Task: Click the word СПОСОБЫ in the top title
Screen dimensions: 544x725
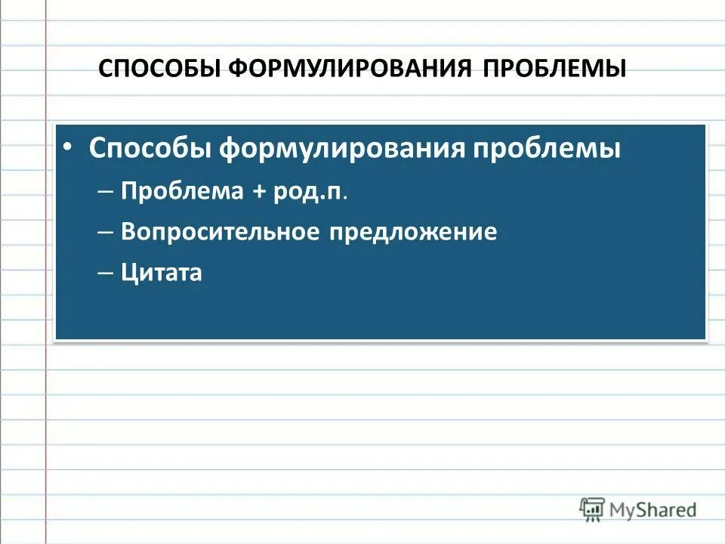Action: coord(161,68)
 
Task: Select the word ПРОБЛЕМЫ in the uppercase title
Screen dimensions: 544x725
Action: coord(555,68)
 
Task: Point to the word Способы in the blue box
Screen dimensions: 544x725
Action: coord(149,147)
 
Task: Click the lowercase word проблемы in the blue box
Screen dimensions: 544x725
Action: coord(547,147)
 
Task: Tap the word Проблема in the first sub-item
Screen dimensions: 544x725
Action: coord(182,191)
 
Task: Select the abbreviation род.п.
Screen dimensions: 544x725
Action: coord(312,191)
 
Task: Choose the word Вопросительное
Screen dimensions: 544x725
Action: coord(220,232)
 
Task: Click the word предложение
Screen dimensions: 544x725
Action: coord(412,232)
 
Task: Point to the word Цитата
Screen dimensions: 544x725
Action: coord(161,272)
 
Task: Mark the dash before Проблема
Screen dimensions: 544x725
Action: coord(105,192)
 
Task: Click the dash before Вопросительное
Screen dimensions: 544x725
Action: coord(105,233)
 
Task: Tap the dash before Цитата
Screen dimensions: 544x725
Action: coord(105,273)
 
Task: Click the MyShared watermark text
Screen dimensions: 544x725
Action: coord(653,510)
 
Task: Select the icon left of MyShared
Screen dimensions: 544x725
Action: coord(592,508)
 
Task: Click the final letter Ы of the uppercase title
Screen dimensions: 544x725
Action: coord(615,68)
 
